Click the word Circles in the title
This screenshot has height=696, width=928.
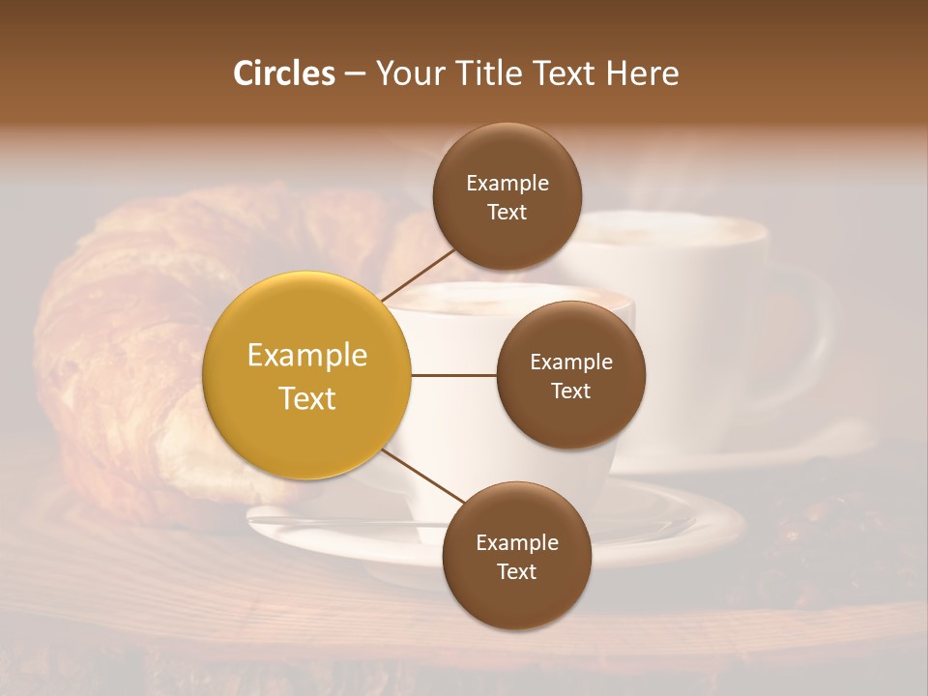pyautogui.click(x=283, y=73)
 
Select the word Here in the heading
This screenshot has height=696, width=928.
pyautogui.click(x=643, y=73)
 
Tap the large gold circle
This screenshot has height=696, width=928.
pyautogui.click(x=306, y=375)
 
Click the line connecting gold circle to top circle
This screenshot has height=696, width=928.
pyautogui.click(x=418, y=275)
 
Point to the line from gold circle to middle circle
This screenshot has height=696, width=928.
pyautogui.click(x=453, y=375)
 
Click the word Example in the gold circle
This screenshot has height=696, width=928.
pyautogui.click(x=306, y=356)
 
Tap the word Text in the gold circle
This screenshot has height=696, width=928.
pyautogui.click(x=306, y=398)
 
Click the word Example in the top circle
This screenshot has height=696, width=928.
pyautogui.click(x=507, y=184)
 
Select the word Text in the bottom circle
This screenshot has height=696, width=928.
pyautogui.click(x=516, y=571)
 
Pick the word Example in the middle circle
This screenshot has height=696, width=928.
pyautogui.click(x=570, y=362)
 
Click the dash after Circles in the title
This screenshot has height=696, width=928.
pyautogui.click(x=354, y=74)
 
